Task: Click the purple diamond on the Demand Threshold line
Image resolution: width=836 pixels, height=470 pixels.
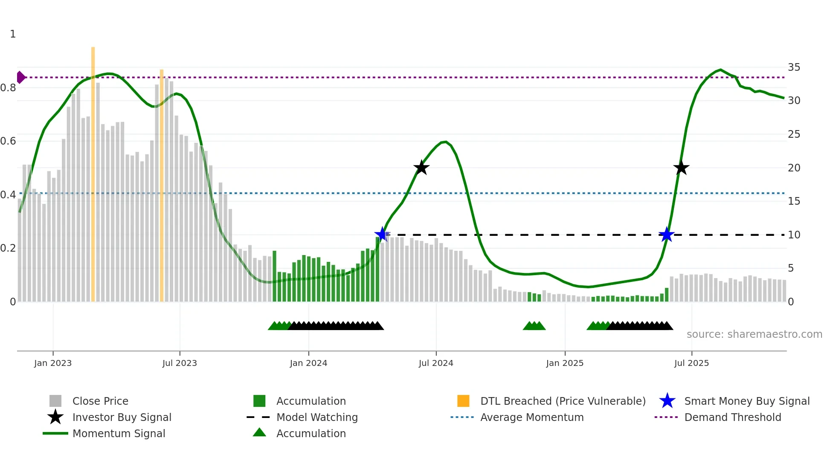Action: (x=20, y=78)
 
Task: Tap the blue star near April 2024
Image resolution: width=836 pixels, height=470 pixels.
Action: (x=382, y=234)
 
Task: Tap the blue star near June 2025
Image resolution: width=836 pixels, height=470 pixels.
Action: (x=666, y=235)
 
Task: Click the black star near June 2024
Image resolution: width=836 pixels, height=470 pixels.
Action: (x=421, y=168)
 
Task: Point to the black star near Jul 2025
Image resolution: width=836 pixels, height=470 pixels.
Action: (x=681, y=168)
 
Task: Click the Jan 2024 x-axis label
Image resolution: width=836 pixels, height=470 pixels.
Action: (x=308, y=363)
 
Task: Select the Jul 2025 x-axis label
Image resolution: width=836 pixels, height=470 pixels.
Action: (x=691, y=363)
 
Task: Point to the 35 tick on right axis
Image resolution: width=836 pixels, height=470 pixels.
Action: (x=794, y=67)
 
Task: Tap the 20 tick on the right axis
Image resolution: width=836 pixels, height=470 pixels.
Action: (x=794, y=168)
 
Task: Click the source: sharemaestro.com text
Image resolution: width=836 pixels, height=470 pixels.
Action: (x=754, y=334)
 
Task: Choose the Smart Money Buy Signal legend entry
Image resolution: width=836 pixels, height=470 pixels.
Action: (x=746, y=401)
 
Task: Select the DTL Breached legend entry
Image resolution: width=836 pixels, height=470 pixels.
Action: (x=563, y=401)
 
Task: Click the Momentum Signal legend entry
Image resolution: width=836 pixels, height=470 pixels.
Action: (x=119, y=433)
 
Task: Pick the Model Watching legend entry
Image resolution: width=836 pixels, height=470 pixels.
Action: (x=317, y=417)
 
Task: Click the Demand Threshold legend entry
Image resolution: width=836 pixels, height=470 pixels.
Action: (x=732, y=417)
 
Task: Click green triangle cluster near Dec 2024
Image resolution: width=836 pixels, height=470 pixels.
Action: (x=534, y=326)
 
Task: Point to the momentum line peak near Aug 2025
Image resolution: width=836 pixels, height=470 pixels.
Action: (x=720, y=70)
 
